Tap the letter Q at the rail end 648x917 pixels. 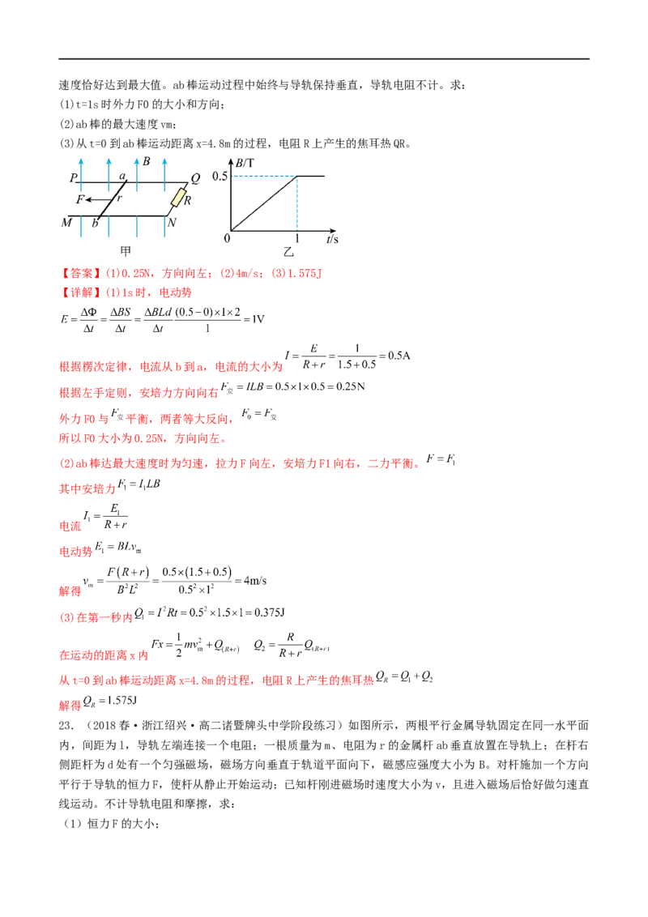tap(195, 177)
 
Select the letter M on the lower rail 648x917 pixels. tap(66, 220)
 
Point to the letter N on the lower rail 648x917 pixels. tap(172, 220)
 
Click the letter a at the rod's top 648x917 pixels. tap(123, 175)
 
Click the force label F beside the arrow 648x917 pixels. tap(80, 198)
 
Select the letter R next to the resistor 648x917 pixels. tap(188, 199)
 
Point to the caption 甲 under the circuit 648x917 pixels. tap(123, 251)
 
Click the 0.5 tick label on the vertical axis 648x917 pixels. tap(220, 176)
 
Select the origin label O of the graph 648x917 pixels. tap(227, 239)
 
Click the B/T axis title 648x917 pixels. tap(244, 163)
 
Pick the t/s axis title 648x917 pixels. tap(332, 240)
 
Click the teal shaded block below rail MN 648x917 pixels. tap(123, 229)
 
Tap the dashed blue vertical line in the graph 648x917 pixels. tap(299, 207)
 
